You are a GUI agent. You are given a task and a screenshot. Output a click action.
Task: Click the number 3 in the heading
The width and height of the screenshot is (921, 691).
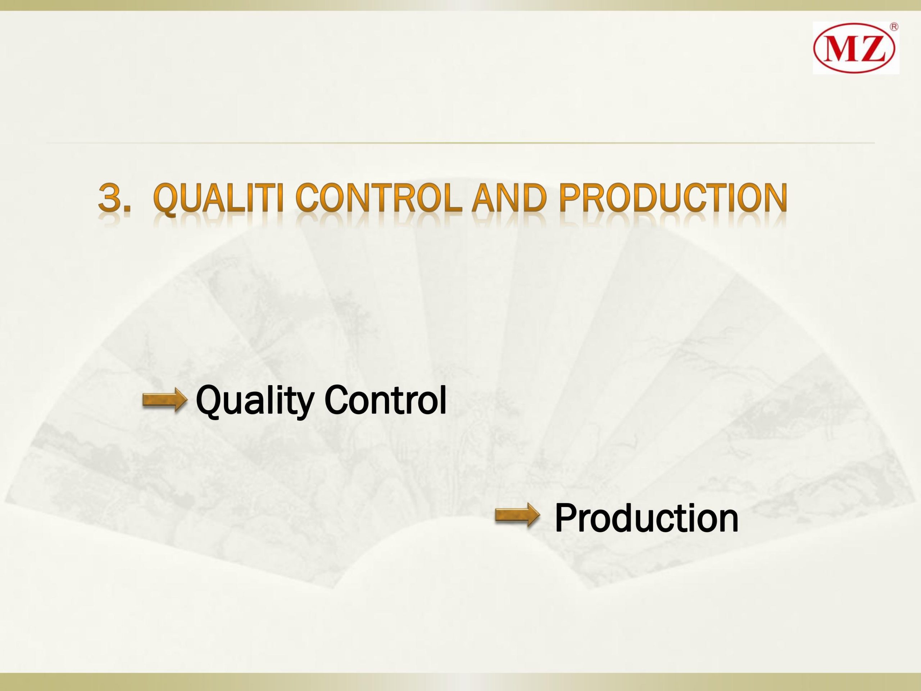coord(110,197)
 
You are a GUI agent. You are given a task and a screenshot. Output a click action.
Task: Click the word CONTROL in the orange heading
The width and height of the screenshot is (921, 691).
coord(379,197)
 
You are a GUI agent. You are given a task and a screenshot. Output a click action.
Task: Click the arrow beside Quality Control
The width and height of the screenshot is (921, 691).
coord(165,400)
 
